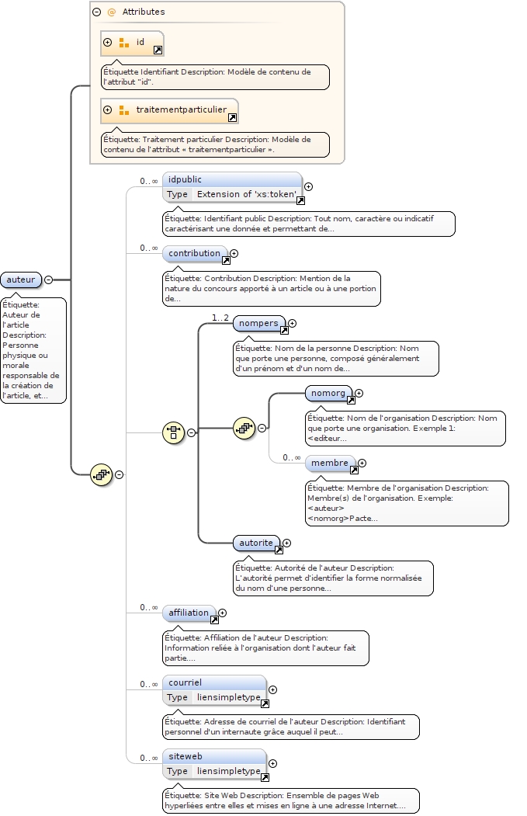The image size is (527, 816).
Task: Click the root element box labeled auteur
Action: point(21,280)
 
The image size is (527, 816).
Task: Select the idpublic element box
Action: point(220,179)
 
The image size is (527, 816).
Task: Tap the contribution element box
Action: point(195,253)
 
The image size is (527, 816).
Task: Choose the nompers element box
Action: point(258,323)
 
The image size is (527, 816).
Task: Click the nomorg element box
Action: point(328,394)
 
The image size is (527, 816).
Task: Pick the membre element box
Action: point(330,463)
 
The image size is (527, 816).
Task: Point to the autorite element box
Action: point(256,543)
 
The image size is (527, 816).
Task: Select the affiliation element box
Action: point(189,613)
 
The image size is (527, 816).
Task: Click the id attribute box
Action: point(131,43)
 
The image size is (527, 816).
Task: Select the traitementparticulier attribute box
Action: point(169,110)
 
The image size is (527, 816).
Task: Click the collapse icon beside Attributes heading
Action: point(97,12)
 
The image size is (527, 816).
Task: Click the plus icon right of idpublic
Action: point(308,186)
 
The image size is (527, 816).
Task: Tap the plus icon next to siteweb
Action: point(272,763)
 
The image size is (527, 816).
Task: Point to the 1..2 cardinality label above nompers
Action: point(220,318)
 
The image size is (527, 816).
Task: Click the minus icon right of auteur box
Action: point(49,280)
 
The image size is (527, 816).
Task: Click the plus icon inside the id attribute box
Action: point(108,43)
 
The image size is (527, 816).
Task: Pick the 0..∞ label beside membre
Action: point(291,457)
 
